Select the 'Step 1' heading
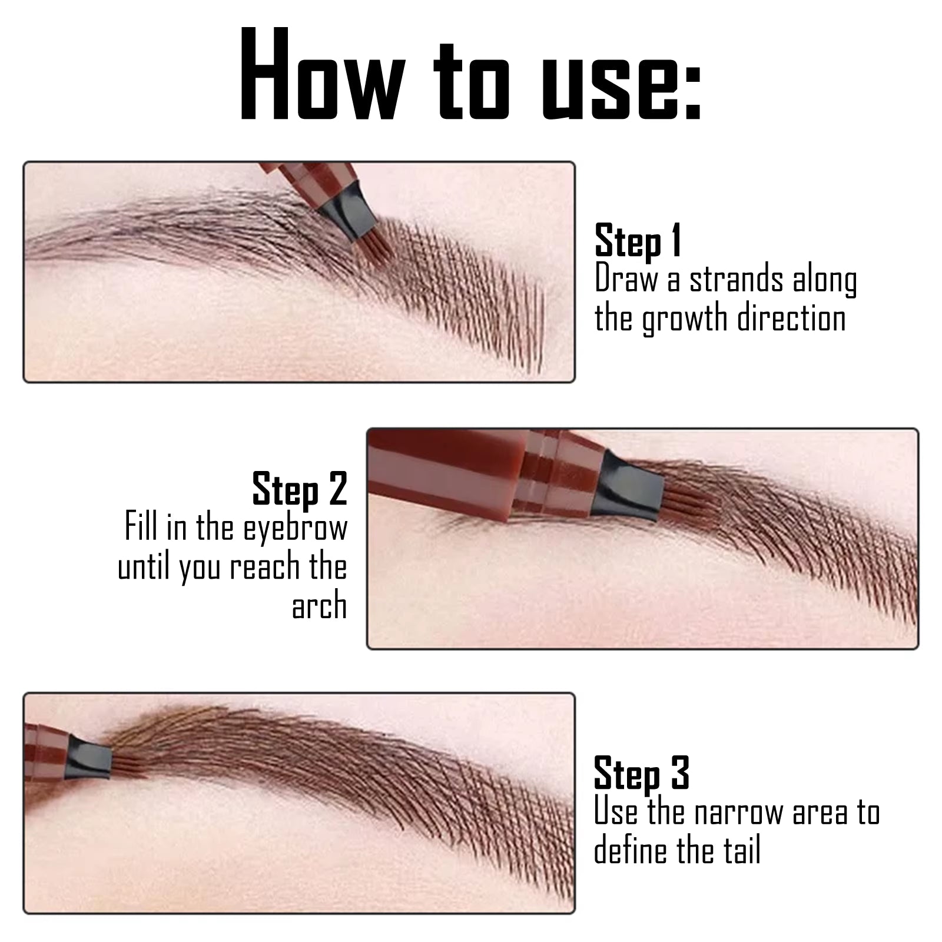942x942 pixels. [638, 240]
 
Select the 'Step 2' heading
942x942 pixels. [300, 489]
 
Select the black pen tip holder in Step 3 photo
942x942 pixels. [88, 758]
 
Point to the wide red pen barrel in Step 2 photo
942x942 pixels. [447, 471]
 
